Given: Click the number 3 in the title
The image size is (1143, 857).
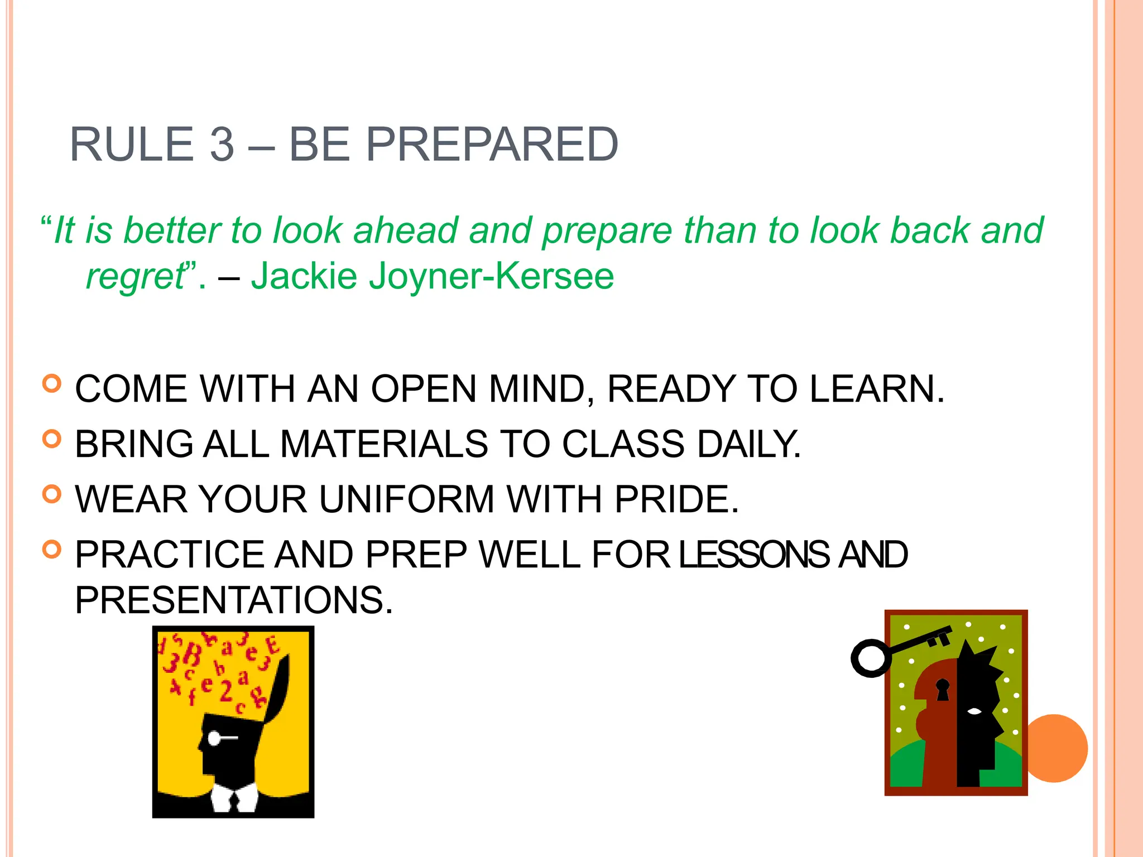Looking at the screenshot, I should (x=222, y=145).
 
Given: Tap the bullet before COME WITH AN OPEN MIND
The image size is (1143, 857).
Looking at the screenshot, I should (x=51, y=384).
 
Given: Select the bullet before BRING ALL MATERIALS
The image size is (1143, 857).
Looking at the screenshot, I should (x=51, y=439).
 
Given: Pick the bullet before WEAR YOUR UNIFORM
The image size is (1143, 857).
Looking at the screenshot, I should (x=51, y=494).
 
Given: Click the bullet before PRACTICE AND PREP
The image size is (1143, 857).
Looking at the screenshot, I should (x=51, y=550).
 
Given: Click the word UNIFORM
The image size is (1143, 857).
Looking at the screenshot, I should (x=406, y=499).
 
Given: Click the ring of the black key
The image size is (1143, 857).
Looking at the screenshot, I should (x=871, y=658).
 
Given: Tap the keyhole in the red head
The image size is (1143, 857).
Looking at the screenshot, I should (x=943, y=689).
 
